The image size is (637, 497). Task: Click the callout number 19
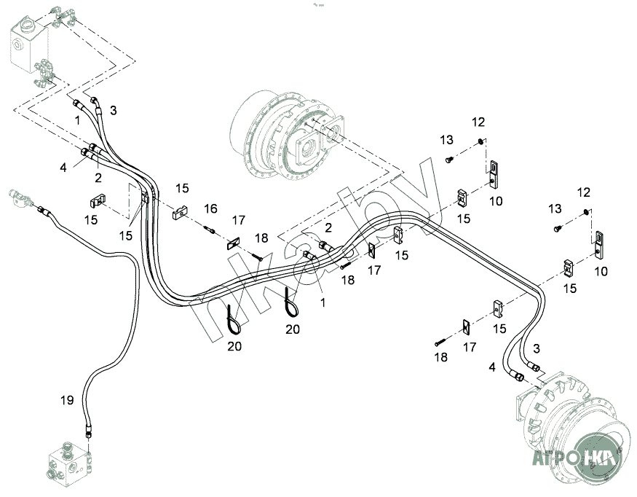pos(66,399)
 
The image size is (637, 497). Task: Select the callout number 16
pos(210,208)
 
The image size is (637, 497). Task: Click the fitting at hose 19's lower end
pos(88,431)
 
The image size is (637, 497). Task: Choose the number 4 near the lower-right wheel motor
pos(491,367)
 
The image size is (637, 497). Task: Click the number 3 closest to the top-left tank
pos(113,110)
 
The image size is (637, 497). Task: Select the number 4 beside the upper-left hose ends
pos(63,167)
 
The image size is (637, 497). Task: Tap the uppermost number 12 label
pos(478,121)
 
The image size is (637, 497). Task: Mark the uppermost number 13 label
pos(446,139)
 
